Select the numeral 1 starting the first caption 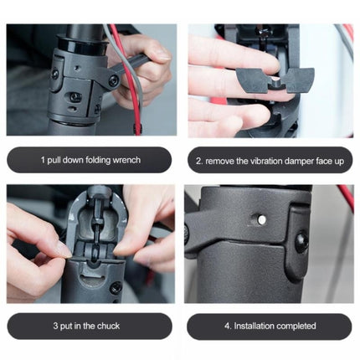[x=42, y=159]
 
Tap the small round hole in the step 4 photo [x=262, y=219]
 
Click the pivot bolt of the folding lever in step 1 [x=113, y=80]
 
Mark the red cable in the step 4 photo [x=343, y=198]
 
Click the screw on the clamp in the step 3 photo [x=116, y=287]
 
